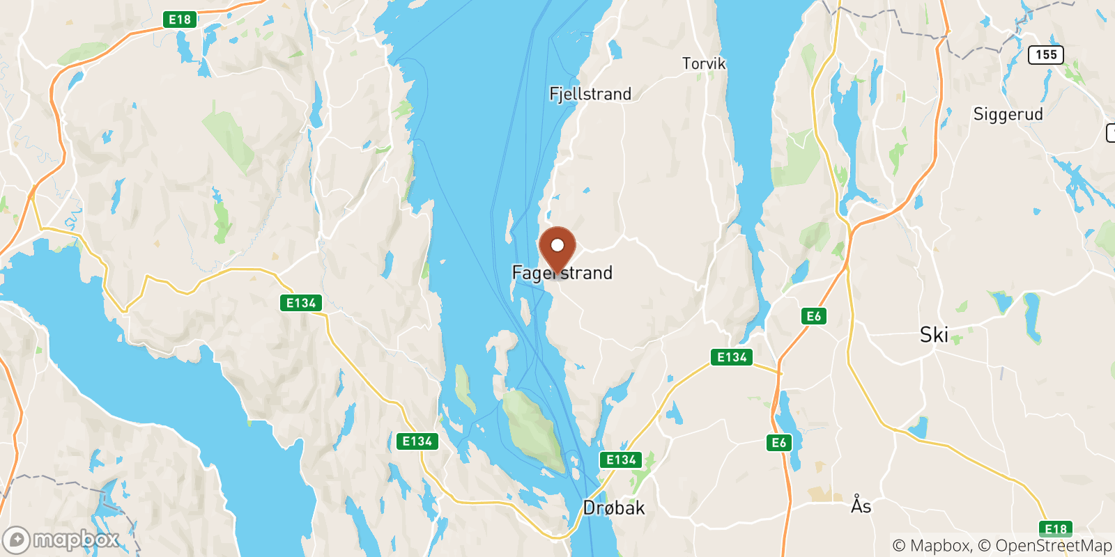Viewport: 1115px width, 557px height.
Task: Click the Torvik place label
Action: pos(703,64)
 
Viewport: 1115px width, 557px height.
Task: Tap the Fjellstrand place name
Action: pos(590,94)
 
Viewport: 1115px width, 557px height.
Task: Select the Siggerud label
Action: pos(1008,114)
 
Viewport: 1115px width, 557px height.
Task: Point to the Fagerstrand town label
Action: pos(562,273)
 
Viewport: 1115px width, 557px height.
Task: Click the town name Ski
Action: pos(934,335)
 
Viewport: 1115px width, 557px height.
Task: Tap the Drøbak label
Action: pos(614,508)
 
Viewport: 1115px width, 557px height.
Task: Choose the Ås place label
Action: pos(861,505)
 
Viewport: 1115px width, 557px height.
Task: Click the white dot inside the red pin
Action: pos(557,245)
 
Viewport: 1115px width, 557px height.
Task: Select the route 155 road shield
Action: pos(1046,54)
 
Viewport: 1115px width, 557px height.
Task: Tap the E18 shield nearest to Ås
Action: pos(1056,529)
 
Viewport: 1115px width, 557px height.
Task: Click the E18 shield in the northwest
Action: pos(180,19)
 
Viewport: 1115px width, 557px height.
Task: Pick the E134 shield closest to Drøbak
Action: pos(621,460)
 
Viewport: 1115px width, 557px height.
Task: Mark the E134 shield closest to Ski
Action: pos(732,357)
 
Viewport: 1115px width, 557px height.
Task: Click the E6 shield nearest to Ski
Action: pos(814,316)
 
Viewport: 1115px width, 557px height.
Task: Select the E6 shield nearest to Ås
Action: pos(779,442)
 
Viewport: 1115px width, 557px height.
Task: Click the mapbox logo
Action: pos(61,540)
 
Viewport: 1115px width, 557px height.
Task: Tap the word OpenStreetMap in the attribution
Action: pos(1053,546)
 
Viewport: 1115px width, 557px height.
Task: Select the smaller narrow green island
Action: pos(463,388)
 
